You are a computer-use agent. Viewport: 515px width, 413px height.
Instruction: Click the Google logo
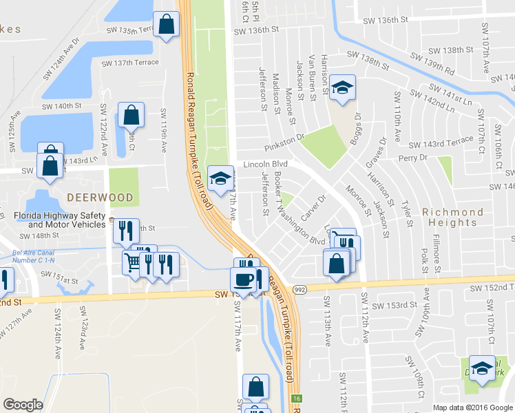[x=23, y=405]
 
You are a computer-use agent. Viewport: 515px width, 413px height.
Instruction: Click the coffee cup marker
[x=242, y=279]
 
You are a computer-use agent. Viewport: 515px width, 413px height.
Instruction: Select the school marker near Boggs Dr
[x=341, y=88]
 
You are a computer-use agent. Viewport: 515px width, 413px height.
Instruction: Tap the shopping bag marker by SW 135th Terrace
[x=167, y=26]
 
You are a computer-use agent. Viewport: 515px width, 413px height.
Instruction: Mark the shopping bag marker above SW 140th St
[x=130, y=116]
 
